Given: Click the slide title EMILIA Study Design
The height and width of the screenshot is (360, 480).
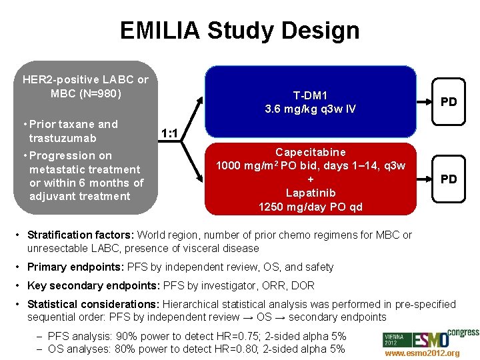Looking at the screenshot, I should [239, 31].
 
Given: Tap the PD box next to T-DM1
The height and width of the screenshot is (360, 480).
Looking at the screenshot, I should [449, 102].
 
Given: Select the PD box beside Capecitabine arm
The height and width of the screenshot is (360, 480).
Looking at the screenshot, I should [449, 179].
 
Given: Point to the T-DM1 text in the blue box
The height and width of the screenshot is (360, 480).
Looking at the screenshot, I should [310, 95].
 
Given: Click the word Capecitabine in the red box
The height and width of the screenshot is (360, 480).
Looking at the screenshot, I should [310, 153].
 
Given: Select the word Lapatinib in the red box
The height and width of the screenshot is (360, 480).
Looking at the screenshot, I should [310, 193].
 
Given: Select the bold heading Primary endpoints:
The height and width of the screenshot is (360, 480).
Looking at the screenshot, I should [70, 267].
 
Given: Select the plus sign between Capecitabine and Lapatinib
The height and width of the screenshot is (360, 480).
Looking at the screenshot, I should [310, 179].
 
